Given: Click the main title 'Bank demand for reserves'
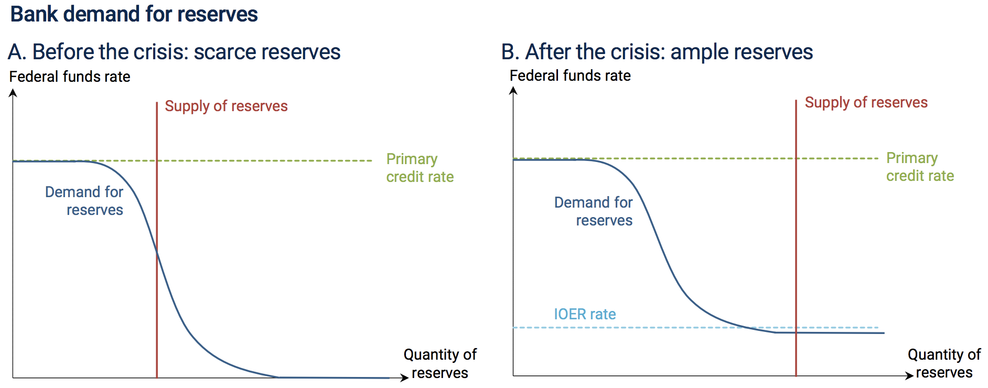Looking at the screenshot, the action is [x=134, y=14].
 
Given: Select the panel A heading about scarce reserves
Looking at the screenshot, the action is [x=174, y=52].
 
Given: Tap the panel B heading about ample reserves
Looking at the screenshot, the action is [x=657, y=52].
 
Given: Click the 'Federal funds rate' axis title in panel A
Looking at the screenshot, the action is [x=70, y=77].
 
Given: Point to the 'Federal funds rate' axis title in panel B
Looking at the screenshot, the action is [x=570, y=76].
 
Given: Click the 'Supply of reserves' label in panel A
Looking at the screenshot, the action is [x=226, y=106].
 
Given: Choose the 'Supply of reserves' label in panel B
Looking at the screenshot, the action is [x=866, y=103].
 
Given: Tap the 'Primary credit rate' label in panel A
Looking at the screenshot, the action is [x=420, y=168].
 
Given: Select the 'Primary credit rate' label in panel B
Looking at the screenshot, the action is [x=920, y=167].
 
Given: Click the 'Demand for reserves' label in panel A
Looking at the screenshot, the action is [x=84, y=201].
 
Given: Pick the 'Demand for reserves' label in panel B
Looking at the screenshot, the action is [x=594, y=211].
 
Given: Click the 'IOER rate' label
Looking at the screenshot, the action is [x=585, y=314].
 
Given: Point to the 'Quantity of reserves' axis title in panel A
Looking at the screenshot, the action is [x=440, y=364].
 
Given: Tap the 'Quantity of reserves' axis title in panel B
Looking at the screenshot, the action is [x=944, y=363].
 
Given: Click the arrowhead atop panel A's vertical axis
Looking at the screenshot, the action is [x=13, y=93].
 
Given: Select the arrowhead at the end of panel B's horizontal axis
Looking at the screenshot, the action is [x=910, y=375].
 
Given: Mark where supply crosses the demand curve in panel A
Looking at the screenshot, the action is [x=157, y=253].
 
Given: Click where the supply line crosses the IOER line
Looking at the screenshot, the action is [x=796, y=328].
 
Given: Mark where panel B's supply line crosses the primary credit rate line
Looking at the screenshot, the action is [x=796, y=158].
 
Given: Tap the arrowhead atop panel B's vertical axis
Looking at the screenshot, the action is [x=513, y=91].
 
